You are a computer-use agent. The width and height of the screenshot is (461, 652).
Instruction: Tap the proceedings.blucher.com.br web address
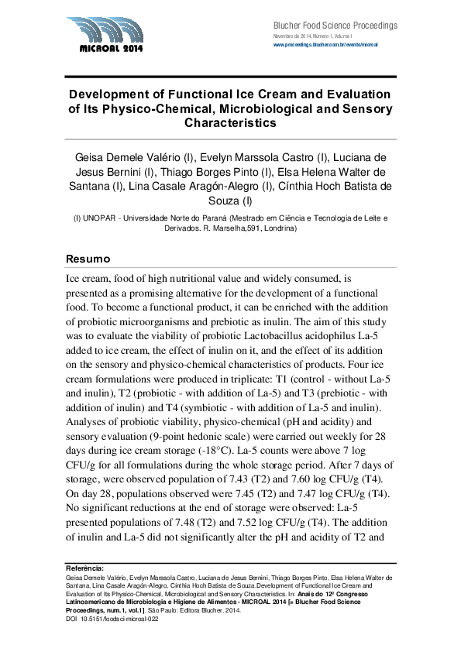click(x=325, y=46)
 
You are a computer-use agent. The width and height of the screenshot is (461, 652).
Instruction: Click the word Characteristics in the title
click(x=230, y=122)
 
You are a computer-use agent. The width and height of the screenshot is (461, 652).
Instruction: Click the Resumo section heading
click(x=87, y=258)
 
